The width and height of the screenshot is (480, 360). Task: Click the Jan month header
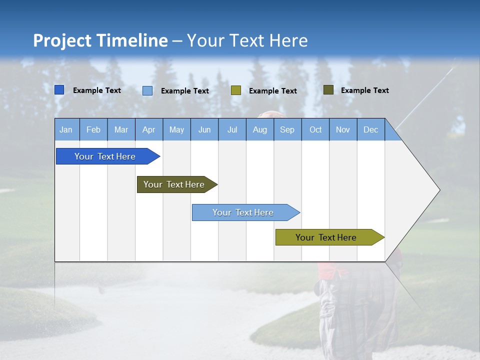coord(66,129)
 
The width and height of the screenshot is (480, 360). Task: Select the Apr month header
coord(149,129)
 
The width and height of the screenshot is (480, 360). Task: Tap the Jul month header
coord(232,129)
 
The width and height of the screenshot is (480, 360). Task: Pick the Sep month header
coord(287,129)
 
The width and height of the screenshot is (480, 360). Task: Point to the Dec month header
coord(371,129)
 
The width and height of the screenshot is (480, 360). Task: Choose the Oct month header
coord(315,129)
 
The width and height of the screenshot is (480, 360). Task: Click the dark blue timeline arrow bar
coord(105,156)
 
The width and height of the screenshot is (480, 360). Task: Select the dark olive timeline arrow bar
coord(174,184)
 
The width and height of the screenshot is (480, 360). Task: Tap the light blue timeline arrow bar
coord(243,212)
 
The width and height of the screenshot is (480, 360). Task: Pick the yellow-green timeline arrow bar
coord(326,237)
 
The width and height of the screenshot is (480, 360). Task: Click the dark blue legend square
coord(59,90)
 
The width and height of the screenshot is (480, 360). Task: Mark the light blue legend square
coord(147,90)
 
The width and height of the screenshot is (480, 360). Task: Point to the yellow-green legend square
coord(236,90)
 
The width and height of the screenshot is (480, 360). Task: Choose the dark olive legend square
coord(328,90)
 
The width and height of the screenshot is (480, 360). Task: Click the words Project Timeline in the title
coord(100,40)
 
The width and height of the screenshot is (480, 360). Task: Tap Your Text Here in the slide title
coord(247,40)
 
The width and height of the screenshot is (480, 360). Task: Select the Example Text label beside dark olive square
coord(364,90)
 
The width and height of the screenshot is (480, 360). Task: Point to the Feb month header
coord(93,129)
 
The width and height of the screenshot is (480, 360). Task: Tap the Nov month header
coord(343,129)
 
